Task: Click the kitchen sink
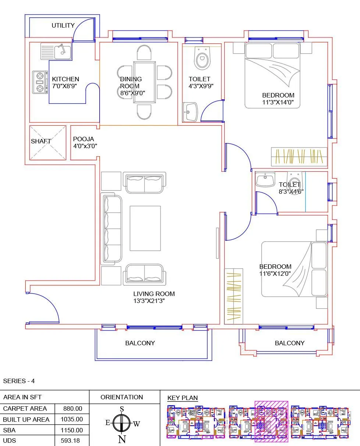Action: click(x=56, y=51)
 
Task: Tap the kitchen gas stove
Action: click(x=40, y=82)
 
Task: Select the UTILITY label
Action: click(x=63, y=26)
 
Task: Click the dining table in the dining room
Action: click(x=144, y=83)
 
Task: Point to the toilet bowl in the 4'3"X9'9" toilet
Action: click(x=202, y=59)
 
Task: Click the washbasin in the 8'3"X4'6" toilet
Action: click(x=265, y=180)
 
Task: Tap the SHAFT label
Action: click(x=41, y=141)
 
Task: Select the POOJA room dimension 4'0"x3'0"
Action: click(x=85, y=146)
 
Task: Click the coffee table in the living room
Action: click(x=145, y=228)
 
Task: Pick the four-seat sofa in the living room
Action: click(x=111, y=229)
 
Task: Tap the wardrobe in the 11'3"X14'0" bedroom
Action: click(x=299, y=156)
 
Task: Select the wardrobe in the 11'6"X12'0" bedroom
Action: click(x=234, y=296)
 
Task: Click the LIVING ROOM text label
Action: click(x=154, y=294)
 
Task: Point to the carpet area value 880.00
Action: click(x=72, y=408)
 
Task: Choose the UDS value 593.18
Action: click(x=72, y=440)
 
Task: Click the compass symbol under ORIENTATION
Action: click(x=122, y=423)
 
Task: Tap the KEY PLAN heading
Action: click(x=182, y=398)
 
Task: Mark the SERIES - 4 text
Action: click(x=19, y=381)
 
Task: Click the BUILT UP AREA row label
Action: click(x=26, y=420)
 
